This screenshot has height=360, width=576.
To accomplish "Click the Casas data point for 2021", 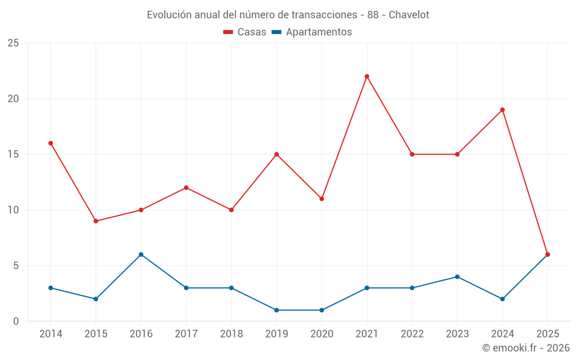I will click(x=367, y=77).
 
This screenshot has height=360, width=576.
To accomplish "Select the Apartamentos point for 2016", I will click(x=141, y=255).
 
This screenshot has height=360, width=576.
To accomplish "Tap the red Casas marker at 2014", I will click(x=51, y=143).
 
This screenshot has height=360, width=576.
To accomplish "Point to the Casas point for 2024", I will click(x=502, y=110).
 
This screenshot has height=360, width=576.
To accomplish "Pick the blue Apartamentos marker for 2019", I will click(x=276, y=310).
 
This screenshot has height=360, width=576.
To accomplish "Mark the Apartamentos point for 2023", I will click(x=457, y=277).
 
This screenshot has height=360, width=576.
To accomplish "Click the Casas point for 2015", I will click(x=96, y=221).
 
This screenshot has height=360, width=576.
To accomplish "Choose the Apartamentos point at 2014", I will click(x=51, y=288).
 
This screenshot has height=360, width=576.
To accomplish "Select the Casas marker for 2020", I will click(x=321, y=199).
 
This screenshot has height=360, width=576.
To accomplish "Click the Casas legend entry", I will click(x=245, y=32).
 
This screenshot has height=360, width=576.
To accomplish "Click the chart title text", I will click(x=288, y=15).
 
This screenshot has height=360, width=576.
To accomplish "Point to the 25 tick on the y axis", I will click(x=13, y=43).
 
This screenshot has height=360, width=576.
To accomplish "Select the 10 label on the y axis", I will click(x=13, y=210).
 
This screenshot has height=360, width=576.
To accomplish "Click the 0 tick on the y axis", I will click(x=16, y=321).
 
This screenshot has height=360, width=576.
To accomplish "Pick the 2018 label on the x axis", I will click(x=231, y=334).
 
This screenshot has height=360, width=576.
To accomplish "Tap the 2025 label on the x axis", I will click(x=547, y=334).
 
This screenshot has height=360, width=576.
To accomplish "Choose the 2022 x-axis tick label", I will click(x=412, y=334).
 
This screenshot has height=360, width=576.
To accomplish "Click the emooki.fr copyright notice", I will click(x=526, y=348).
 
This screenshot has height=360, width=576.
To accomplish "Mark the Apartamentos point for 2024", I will click(x=502, y=299).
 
